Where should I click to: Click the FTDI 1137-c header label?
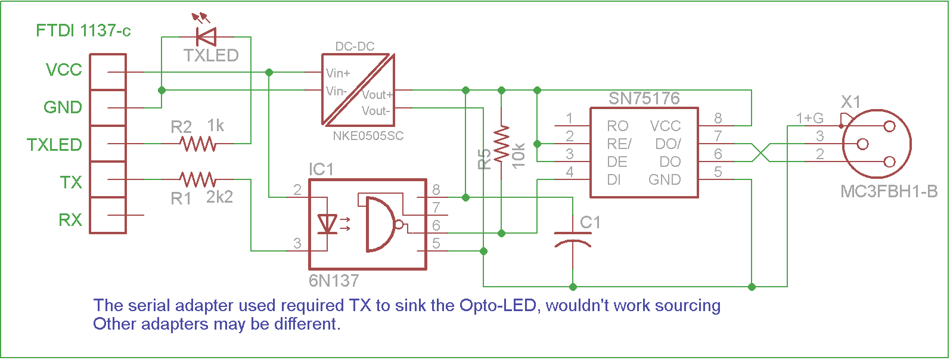pyautogui.click(x=83, y=30)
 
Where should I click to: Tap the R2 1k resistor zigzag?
pyautogui.click(x=198, y=144)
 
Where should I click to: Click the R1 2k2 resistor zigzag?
pyautogui.click(x=198, y=179)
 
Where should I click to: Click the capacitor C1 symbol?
pyautogui.click(x=572, y=238)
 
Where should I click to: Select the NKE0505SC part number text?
pyautogui.click(x=368, y=136)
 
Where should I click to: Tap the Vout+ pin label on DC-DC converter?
pyautogui.click(x=377, y=95)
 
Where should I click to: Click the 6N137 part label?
pyautogui.click(x=334, y=280)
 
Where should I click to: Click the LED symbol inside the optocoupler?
pyautogui.click(x=327, y=224)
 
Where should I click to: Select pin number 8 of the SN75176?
pyautogui.click(x=718, y=119)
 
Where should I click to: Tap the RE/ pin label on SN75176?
pyautogui.click(x=619, y=144)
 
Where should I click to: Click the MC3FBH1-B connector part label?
pyautogui.click(x=889, y=192)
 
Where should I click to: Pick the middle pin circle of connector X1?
pyautogui.click(x=862, y=144)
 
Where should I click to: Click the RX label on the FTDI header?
pyautogui.click(x=70, y=220)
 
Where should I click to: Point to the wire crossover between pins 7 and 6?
pyautogui.click(x=760, y=153)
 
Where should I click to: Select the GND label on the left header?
pyautogui.click(x=63, y=107)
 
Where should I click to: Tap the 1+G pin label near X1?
pyautogui.click(x=809, y=118)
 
